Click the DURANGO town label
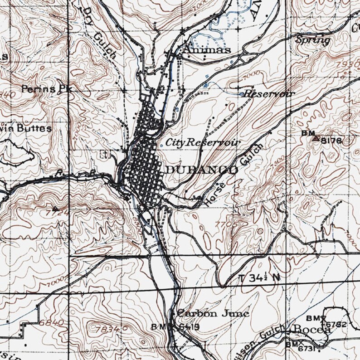201,170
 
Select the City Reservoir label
202,142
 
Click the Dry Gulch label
100,33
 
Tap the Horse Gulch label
234,175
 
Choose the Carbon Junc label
213,313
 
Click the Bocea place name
312,330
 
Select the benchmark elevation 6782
336,324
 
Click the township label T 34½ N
258,277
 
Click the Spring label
313,40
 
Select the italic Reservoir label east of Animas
269,94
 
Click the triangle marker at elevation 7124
55,209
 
